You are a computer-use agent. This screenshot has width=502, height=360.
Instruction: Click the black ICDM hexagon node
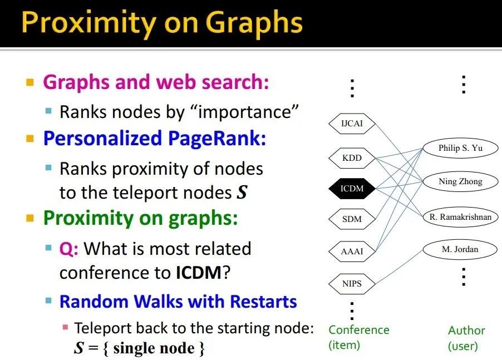[352, 189]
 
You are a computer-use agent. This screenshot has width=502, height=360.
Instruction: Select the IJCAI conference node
[352, 124]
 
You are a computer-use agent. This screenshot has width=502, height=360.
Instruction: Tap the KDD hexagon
[352, 158]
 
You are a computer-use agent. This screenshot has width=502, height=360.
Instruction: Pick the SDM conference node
[352, 219]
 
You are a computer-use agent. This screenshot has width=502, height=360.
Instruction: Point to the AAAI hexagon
[352, 251]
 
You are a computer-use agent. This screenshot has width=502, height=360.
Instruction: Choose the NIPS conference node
[352, 284]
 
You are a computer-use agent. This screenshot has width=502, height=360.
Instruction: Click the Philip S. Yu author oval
[460, 148]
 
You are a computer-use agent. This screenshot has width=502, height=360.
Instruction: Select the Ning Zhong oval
[460, 181]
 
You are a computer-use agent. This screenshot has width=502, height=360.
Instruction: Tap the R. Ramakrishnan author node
[460, 217]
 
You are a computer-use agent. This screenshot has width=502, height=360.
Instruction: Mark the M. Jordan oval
[460, 249]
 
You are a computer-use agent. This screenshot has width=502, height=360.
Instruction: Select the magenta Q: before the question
[69, 249]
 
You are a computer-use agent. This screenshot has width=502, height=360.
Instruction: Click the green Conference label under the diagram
[359, 330]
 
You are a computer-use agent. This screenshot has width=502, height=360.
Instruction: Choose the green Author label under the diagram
[466, 331]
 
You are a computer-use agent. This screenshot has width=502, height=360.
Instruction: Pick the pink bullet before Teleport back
[66, 327]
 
